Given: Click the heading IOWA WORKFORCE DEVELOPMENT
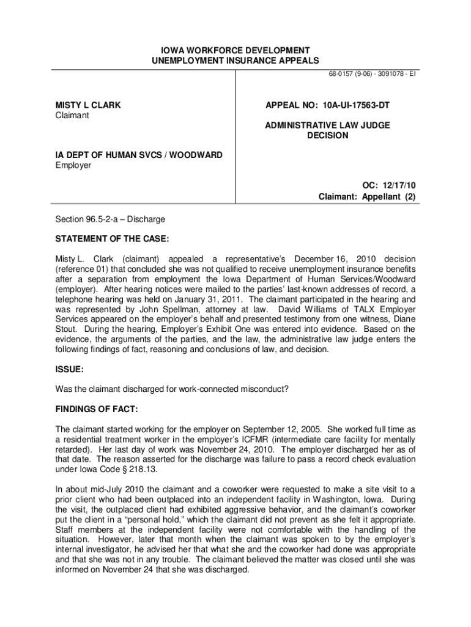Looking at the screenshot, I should pyautogui.click(x=236, y=50).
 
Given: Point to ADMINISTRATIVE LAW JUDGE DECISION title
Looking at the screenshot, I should pyautogui.click(x=327, y=130).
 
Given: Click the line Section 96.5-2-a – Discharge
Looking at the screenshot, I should pyautogui.click(x=110, y=219).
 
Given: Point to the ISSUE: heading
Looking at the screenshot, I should pyautogui.click(x=69, y=370).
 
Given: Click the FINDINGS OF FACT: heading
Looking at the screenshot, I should pyautogui.click(x=97, y=408).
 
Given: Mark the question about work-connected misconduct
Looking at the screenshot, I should pyautogui.click(x=172, y=389).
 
